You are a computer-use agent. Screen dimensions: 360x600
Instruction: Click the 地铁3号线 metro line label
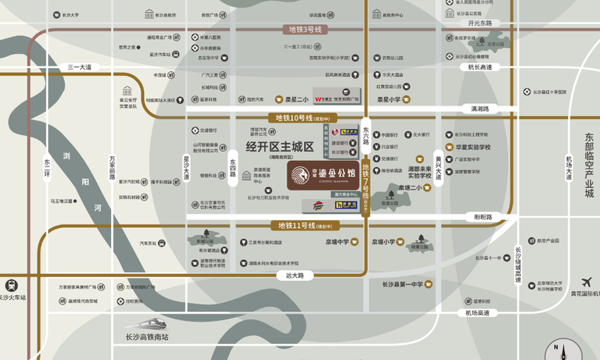pyautogui.click(x=304, y=30)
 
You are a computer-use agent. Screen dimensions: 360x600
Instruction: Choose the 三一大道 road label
pyautogui.click(x=80, y=67)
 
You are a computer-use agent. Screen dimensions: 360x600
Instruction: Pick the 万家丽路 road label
pyautogui.click(x=113, y=166)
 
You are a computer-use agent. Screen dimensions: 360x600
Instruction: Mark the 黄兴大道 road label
pyautogui.click(x=438, y=169)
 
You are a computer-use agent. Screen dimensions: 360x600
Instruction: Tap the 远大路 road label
pyautogui.click(x=294, y=275)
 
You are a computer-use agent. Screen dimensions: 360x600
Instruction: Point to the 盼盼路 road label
pyautogui.click(x=482, y=216)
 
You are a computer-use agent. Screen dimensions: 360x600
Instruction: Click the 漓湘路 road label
pyautogui.click(x=480, y=108)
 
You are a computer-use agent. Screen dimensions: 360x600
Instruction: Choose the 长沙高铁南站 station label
pyautogui.click(x=147, y=337)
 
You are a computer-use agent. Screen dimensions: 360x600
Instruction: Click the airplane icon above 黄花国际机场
pyautogui.click(x=588, y=282)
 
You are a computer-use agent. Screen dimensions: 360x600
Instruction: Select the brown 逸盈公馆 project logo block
pyautogui.click(x=318, y=174)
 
